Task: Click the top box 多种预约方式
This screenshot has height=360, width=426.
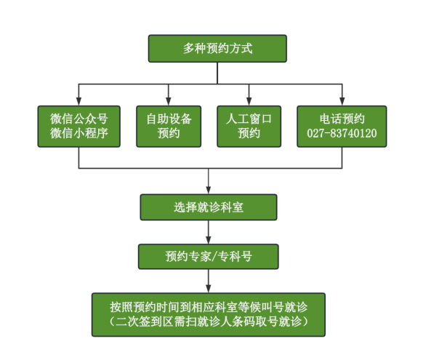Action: click(x=217, y=48)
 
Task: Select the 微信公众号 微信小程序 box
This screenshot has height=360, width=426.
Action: click(x=79, y=127)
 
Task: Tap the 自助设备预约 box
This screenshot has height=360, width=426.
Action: click(x=169, y=127)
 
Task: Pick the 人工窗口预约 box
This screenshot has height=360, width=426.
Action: click(x=249, y=127)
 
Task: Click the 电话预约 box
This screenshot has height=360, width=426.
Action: click(x=342, y=127)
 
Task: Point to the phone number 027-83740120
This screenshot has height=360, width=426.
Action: click(x=342, y=133)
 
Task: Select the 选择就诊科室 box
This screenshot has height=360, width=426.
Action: click(x=209, y=207)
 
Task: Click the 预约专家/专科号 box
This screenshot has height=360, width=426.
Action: click(x=209, y=257)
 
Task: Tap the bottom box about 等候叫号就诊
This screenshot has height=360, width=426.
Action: click(x=209, y=315)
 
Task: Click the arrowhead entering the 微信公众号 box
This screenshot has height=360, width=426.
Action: click(x=79, y=101)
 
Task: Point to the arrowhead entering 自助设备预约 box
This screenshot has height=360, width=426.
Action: click(x=169, y=101)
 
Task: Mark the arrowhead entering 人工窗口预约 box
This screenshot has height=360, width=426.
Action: click(x=249, y=101)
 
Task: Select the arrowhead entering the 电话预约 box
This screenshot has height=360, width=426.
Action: click(x=342, y=101)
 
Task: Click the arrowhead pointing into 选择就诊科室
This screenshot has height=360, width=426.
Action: click(x=209, y=190)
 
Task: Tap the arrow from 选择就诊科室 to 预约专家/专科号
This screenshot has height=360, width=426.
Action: click(x=209, y=232)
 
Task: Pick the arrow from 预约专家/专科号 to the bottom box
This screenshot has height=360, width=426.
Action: click(x=209, y=281)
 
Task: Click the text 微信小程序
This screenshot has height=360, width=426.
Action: click(x=79, y=133)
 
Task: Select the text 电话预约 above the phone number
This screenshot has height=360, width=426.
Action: click(x=342, y=119)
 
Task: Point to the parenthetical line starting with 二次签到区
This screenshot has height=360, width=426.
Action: click(x=209, y=321)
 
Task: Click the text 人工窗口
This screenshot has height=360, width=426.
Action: click(x=249, y=119)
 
